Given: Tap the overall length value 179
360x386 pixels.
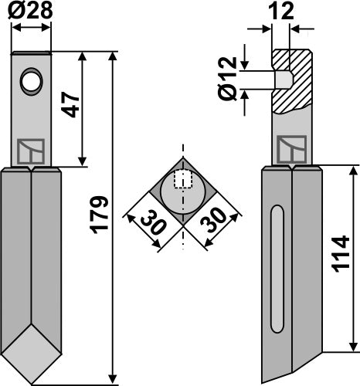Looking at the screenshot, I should coord(99,219).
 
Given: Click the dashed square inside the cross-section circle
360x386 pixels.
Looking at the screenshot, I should coord(182,178).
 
